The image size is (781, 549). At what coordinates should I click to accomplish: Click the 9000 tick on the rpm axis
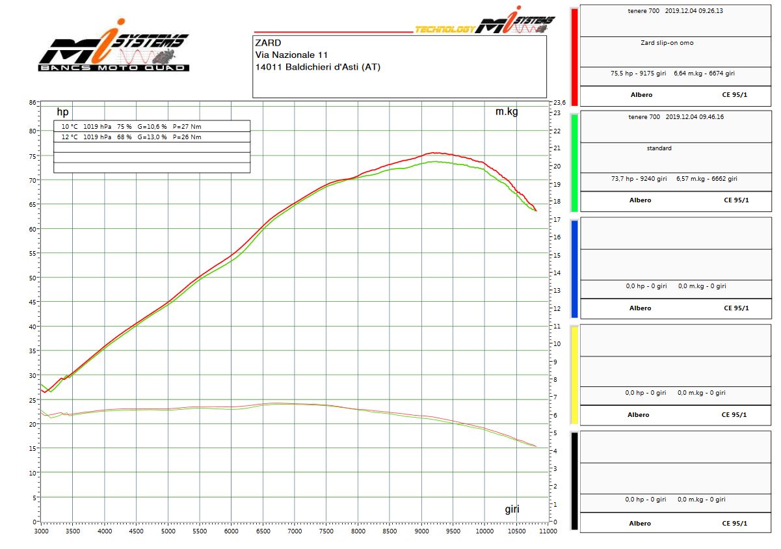421,531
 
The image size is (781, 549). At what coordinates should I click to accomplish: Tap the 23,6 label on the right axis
559,103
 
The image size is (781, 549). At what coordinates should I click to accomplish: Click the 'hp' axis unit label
62,112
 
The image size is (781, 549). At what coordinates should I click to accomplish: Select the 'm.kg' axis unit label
507,112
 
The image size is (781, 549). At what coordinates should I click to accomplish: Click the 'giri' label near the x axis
512,509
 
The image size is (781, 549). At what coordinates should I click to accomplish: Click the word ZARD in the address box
268,43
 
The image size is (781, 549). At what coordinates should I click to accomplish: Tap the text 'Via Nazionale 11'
291,55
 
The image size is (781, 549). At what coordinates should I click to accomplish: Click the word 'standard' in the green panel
659,148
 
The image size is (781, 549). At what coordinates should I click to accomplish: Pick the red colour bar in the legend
574,54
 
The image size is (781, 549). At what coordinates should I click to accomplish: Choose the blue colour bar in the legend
574,268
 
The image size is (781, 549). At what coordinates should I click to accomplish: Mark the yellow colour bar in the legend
574,375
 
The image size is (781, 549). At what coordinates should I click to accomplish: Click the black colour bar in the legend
574,481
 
